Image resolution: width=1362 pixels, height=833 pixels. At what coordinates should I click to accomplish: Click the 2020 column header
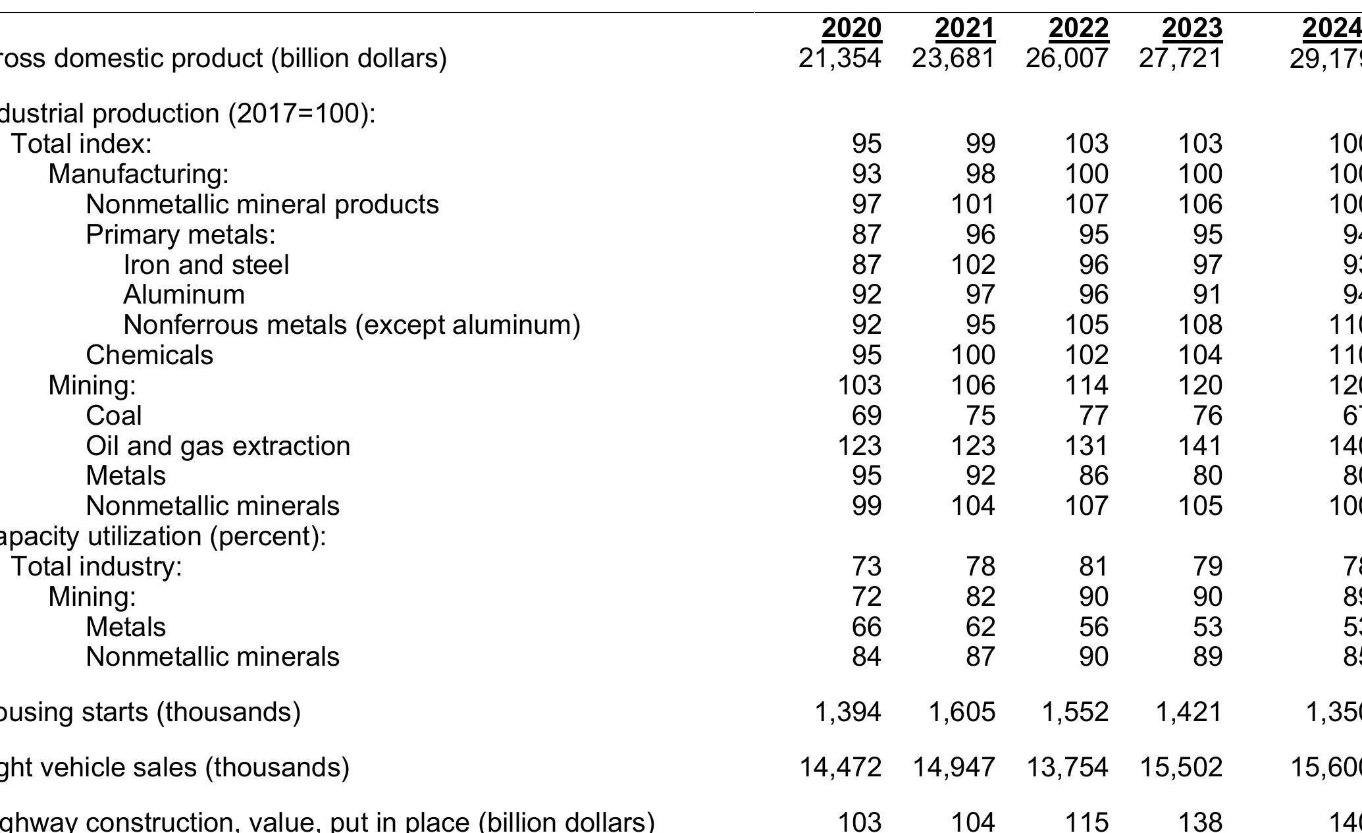(851, 28)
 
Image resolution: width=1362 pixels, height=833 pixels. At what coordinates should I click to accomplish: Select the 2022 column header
(1078, 28)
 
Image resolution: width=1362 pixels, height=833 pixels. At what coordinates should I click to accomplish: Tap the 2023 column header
(1192, 28)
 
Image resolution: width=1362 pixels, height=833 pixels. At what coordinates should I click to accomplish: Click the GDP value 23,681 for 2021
(953, 59)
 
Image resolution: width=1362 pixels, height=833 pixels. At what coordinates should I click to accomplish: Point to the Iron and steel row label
(206, 265)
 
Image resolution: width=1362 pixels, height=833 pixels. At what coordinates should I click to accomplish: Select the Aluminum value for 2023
(1207, 294)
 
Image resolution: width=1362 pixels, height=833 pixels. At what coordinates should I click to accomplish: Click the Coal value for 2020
(866, 416)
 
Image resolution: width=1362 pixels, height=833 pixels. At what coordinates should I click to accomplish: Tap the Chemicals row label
(149, 355)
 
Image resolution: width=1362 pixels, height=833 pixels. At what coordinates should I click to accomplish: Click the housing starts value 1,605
(961, 712)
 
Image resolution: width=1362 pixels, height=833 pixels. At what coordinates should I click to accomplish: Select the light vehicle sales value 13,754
(1067, 767)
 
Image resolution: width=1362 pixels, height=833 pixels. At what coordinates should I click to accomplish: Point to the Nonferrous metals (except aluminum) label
(352, 325)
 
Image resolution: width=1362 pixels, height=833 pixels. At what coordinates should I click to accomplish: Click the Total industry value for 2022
(1093, 566)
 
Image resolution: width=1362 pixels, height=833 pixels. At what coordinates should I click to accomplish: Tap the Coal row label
(113, 416)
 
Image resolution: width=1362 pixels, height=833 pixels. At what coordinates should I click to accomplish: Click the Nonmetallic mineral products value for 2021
(973, 204)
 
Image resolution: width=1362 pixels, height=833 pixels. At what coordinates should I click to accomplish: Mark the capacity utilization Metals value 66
(866, 626)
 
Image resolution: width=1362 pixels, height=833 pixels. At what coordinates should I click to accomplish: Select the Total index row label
(81, 144)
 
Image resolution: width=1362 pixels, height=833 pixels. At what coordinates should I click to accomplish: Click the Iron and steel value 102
(973, 265)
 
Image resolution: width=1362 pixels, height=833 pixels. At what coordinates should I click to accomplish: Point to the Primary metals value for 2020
(866, 234)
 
